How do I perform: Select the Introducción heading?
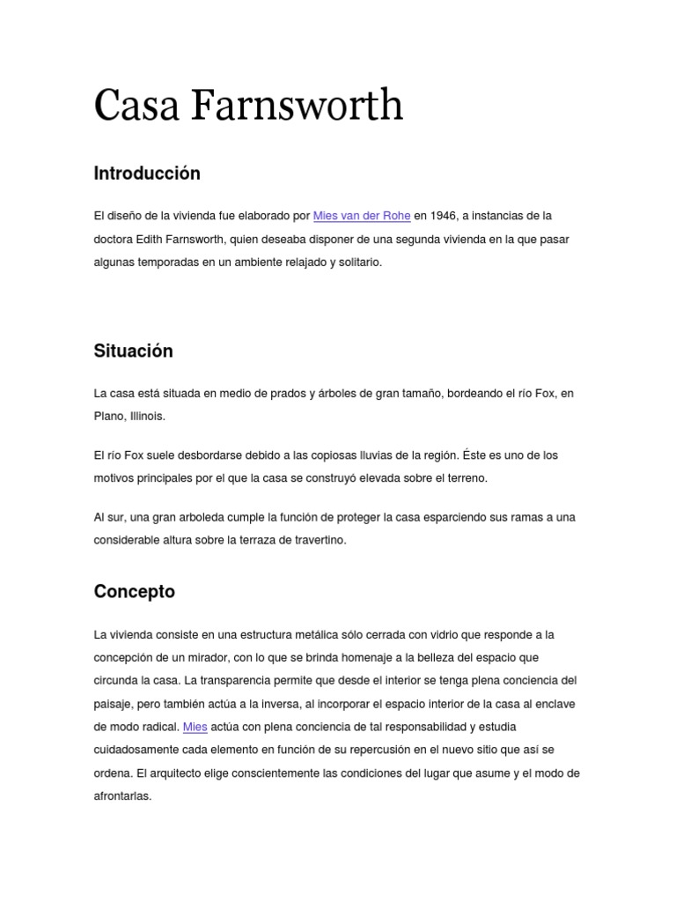click(x=147, y=174)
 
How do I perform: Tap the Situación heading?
click(x=134, y=351)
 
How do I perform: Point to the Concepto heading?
click(x=135, y=592)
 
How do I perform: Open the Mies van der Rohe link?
click(x=362, y=216)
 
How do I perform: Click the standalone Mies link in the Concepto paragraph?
click(x=195, y=727)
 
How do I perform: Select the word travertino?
click(x=319, y=540)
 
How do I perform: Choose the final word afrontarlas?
click(x=122, y=796)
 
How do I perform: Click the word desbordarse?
click(x=208, y=455)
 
